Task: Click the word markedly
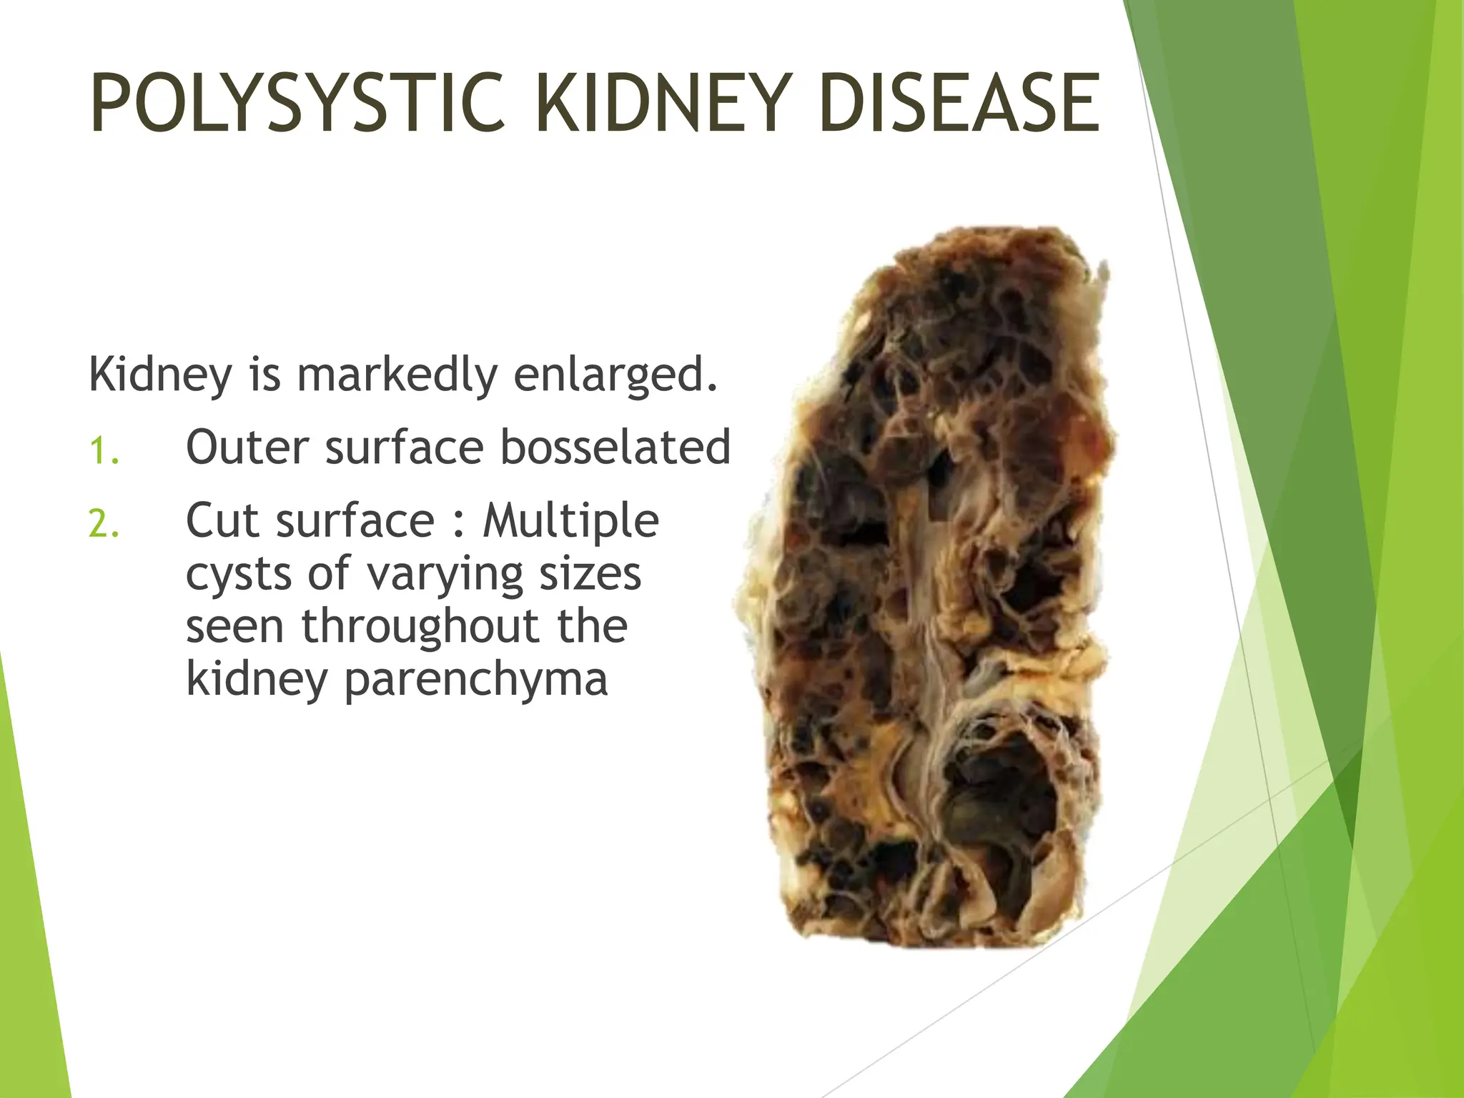tap(397, 375)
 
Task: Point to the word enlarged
tap(615, 376)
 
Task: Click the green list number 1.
tap(104, 451)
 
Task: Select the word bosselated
tap(615, 447)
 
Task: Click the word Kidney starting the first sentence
tap(161, 375)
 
